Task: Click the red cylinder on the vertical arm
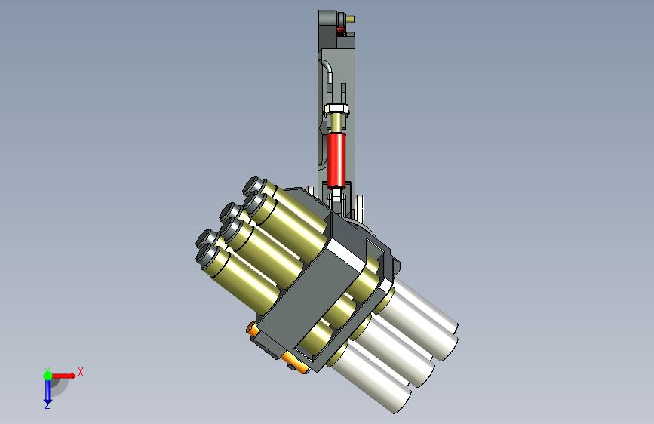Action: coord(336,160)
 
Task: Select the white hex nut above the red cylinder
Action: coord(337,109)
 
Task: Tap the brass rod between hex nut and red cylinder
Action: coord(336,124)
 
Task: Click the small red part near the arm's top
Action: coord(341,29)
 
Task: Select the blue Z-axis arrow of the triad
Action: coord(48,391)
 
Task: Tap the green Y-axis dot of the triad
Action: coord(48,376)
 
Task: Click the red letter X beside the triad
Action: coord(81,372)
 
